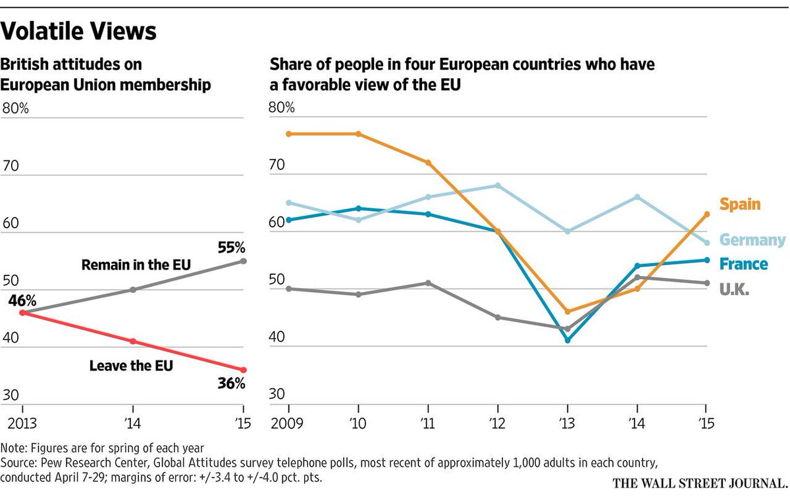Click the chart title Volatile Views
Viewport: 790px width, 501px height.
tap(80, 31)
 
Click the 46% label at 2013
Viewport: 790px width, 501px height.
tap(23, 299)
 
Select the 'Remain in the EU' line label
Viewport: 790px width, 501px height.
tap(136, 265)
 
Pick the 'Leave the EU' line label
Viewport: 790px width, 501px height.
tap(131, 366)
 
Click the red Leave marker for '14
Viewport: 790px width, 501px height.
tap(133, 341)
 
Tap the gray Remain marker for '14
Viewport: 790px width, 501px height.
tap(133, 289)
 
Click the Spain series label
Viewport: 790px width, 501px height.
tap(740, 204)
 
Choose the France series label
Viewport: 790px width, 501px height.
tap(744, 264)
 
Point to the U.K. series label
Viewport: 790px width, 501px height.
tap(735, 289)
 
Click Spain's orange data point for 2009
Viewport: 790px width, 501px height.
tap(288, 134)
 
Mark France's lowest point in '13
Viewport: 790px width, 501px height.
tap(567, 340)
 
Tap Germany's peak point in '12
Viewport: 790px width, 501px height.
tap(498, 185)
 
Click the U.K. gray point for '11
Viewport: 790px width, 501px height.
tap(428, 283)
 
